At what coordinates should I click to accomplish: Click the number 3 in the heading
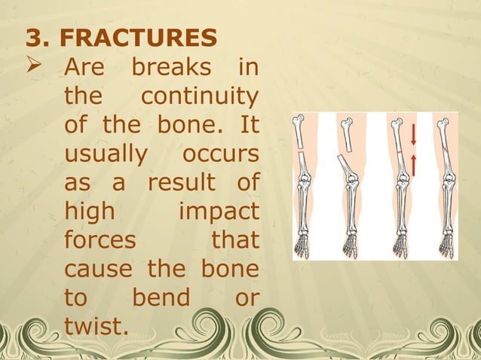tap(31, 37)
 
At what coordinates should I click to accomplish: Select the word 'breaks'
tap(172, 69)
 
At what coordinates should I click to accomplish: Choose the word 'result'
tap(177, 184)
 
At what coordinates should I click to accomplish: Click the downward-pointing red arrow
tap(413, 134)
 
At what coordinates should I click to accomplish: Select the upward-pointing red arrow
tap(413, 164)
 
